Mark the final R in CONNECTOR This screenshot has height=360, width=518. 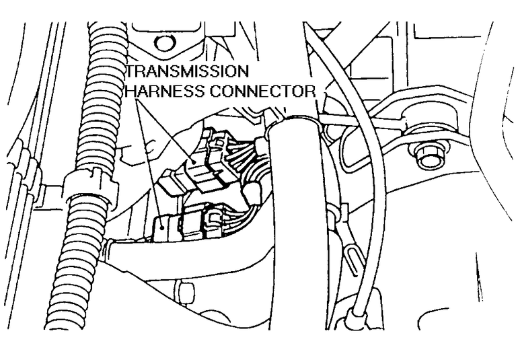pos(311,90)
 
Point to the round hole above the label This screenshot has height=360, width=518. pos(160,44)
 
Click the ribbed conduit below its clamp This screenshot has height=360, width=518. pos(74,269)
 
